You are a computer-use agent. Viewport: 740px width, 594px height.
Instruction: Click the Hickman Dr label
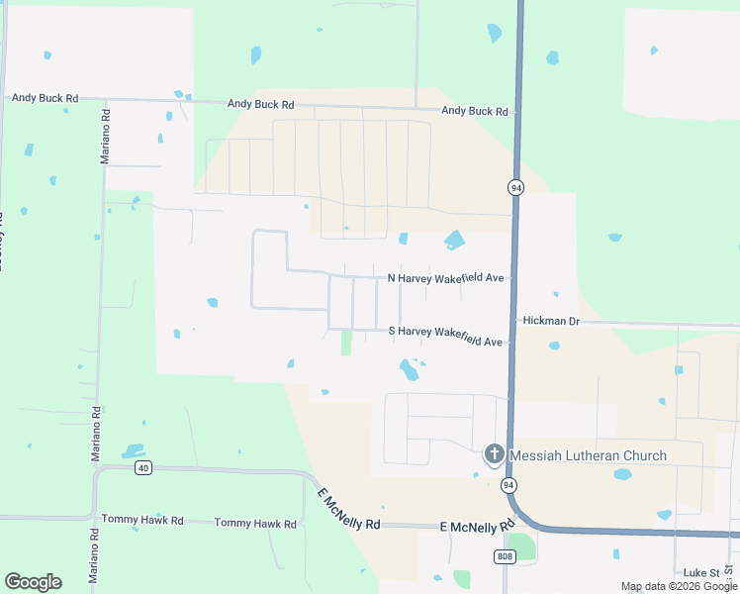pos(552,321)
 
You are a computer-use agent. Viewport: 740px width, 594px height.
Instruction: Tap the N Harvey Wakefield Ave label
pos(446,279)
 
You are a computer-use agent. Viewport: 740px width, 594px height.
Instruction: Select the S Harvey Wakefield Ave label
pos(446,336)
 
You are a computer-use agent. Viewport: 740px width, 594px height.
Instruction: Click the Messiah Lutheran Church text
pos(588,456)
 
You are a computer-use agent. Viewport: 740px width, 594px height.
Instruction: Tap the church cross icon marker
pos(494,455)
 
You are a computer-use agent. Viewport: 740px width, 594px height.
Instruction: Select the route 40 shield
pos(144,468)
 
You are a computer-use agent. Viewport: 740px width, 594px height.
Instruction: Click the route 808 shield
pos(504,556)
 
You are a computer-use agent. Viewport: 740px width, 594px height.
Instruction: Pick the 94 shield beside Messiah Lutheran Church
pos(509,484)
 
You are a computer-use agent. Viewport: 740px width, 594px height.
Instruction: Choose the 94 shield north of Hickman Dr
pos(516,186)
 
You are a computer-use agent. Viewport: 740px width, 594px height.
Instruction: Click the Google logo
pos(33,582)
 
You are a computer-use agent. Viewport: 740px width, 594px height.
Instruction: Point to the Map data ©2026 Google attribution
pos(679,587)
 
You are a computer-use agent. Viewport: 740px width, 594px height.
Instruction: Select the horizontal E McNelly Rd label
pos(478,530)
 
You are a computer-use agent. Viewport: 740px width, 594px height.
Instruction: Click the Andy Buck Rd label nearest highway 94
pos(475,111)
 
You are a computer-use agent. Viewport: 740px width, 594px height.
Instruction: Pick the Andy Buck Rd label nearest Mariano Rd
pos(45,98)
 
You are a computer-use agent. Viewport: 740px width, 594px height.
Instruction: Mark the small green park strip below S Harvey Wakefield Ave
pos(346,343)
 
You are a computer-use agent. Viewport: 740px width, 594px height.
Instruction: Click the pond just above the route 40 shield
pos(134,451)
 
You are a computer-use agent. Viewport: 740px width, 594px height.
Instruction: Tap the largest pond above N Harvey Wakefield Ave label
pos(454,240)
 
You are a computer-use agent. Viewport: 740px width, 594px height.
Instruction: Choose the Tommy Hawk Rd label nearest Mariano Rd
pos(142,520)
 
